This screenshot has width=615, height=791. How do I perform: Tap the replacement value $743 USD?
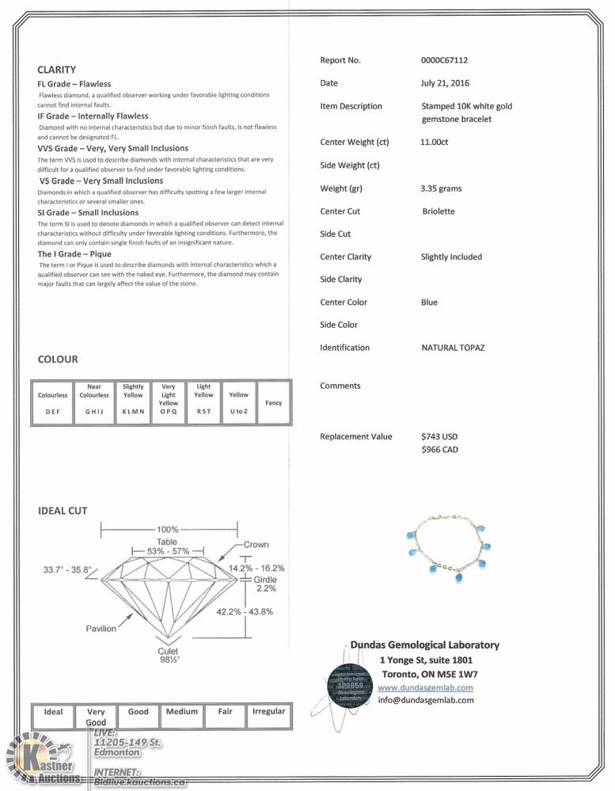439,437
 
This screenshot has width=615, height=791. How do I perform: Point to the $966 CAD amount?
439,450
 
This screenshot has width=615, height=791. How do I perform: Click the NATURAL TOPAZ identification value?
453,348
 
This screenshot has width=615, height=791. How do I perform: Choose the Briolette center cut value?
438,212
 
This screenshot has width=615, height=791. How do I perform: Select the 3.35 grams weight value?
441,189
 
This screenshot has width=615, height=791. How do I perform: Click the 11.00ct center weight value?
435,143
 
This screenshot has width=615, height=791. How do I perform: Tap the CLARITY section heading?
56,70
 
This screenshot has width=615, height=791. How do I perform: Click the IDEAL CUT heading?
63,511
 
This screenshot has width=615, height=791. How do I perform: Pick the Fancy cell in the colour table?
273,403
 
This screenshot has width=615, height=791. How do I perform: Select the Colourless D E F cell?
53,403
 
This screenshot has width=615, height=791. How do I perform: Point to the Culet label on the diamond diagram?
168,651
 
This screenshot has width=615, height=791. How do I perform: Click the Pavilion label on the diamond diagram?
102,629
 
